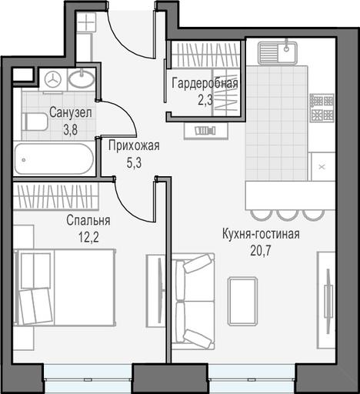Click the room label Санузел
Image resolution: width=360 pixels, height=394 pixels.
(x=70, y=113)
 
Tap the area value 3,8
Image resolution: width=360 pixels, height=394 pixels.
(x=70, y=130)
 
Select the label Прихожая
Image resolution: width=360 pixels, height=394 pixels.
(x=134, y=146)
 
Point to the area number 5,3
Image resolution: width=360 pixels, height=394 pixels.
(x=134, y=163)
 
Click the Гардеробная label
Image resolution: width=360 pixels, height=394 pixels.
(x=205, y=84)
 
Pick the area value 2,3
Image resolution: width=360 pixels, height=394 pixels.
(x=205, y=100)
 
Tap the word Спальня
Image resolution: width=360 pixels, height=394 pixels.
(x=88, y=221)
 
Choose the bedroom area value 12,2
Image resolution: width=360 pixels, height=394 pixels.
(x=88, y=238)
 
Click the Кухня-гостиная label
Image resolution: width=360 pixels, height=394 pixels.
(x=261, y=234)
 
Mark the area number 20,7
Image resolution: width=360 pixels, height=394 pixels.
(x=261, y=252)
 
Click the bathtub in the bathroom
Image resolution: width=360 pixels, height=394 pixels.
(x=54, y=159)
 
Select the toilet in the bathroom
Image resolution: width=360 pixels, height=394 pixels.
(x=35, y=122)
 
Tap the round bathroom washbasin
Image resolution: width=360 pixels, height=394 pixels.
(x=82, y=78)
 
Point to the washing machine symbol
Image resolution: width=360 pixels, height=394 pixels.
(x=53, y=80)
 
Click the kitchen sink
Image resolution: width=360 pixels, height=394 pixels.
(x=278, y=53)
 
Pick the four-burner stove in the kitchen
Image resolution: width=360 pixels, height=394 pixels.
(x=322, y=108)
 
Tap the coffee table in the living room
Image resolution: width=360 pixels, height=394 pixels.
(x=242, y=301)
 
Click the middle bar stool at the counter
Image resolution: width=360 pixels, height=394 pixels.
(x=288, y=215)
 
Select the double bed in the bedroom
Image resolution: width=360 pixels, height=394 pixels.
(x=65, y=287)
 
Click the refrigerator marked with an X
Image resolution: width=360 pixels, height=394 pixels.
(x=322, y=167)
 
